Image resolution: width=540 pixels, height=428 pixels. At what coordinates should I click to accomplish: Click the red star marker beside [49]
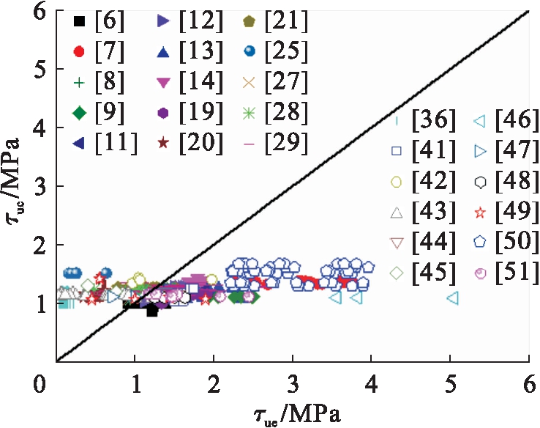(481, 213)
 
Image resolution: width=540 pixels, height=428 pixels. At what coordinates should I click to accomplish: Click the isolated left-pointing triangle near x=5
(452, 298)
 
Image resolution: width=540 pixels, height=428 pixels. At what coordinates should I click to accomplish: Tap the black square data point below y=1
(152, 311)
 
